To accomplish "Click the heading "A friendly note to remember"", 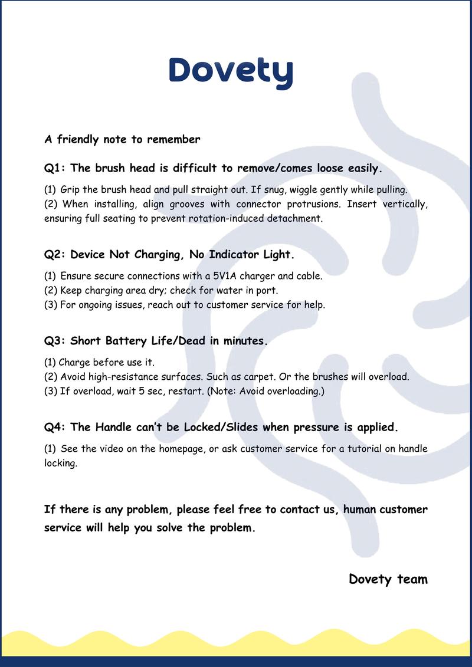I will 122,140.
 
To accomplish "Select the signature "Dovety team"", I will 388,579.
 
